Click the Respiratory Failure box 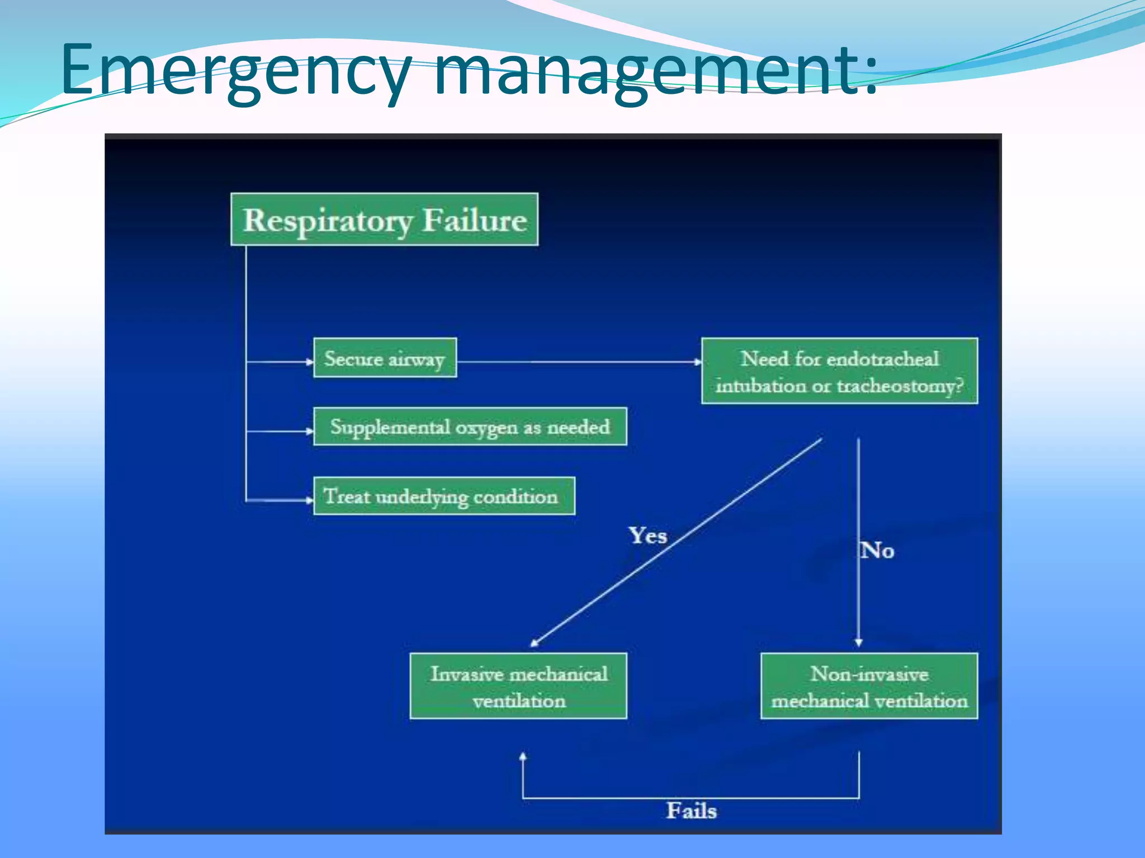click(x=384, y=220)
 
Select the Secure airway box click(x=385, y=358)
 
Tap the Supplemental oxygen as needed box click(x=470, y=427)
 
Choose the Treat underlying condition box click(x=444, y=496)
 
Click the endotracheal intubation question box click(x=839, y=371)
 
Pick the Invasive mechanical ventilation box click(x=518, y=686)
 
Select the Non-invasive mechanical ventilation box click(x=869, y=686)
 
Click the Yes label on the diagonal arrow click(x=648, y=536)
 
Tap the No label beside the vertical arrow click(x=878, y=551)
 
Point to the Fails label click(x=691, y=811)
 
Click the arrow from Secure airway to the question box click(x=579, y=362)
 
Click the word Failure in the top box click(x=474, y=220)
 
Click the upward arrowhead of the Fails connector click(x=523, y=757)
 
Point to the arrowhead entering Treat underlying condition click(x=310, y=500)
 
